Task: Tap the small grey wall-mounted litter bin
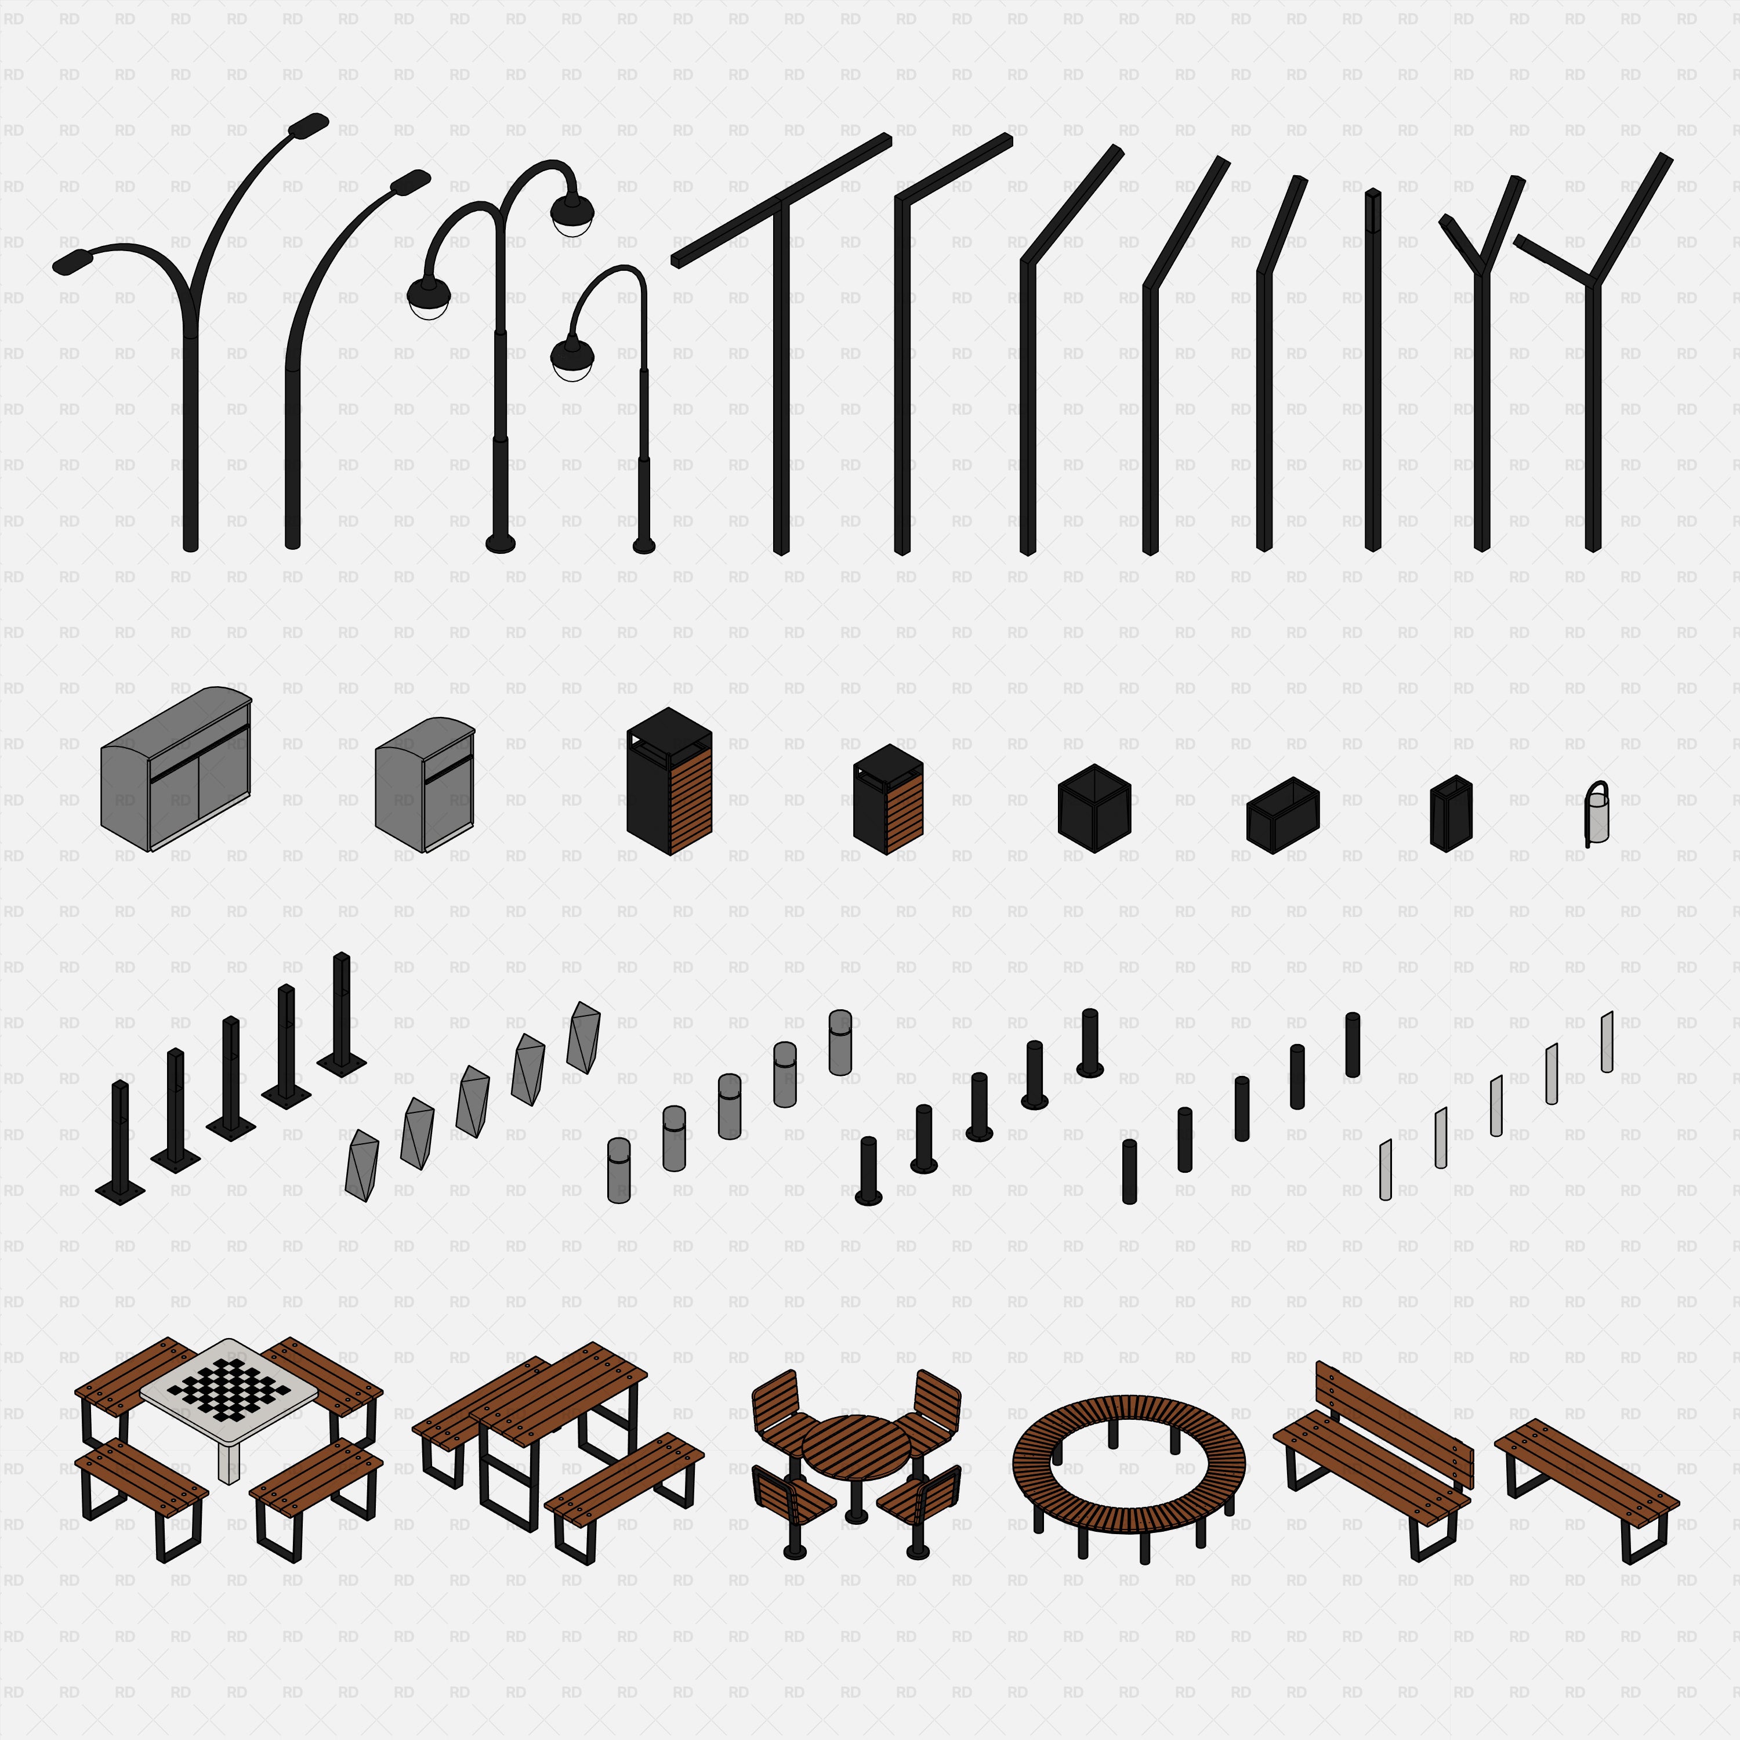pos(1597,814)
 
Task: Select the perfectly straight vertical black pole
pos(1372,369)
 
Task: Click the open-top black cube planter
pos(1094,808)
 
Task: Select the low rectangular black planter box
pos(1282,815)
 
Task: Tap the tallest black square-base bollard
pos(342,1014)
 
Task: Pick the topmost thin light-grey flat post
pos(1607,1042)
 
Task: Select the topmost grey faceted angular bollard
pos(583,1038)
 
